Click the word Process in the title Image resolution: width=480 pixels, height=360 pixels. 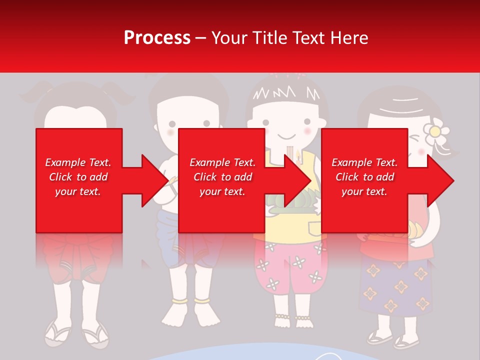click(x=157, y=38)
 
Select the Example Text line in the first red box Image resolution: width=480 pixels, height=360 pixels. click(x=78, y=162)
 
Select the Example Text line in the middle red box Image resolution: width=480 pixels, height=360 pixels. click(x=222, y=162)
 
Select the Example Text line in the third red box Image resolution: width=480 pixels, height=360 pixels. click(x=364, y=162)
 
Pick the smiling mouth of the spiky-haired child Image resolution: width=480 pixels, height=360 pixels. click(x=285, y=136)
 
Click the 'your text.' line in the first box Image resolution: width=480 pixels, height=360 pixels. click(x=78, y=191)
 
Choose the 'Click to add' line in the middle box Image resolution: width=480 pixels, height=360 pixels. click(x=222, y=177)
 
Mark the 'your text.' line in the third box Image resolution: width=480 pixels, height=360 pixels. click(x=364, y=191)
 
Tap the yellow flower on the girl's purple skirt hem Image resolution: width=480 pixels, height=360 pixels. click(x=423, y=303)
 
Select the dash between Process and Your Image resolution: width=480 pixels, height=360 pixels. click(x=201, y=38)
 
